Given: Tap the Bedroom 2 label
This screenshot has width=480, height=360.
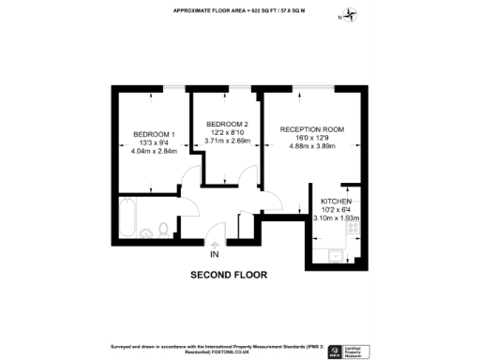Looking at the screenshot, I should tap(227, 125).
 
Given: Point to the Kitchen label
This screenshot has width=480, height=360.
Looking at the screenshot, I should tap(336, 202).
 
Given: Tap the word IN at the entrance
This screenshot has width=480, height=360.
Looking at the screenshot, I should tap(215, 255).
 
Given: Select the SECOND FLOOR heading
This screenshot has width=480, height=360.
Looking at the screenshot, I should tap(229, 276).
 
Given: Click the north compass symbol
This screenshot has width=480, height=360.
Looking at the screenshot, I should tap(352, 14).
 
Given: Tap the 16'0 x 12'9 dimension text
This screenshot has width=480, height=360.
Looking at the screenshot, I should tap(312, 138).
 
